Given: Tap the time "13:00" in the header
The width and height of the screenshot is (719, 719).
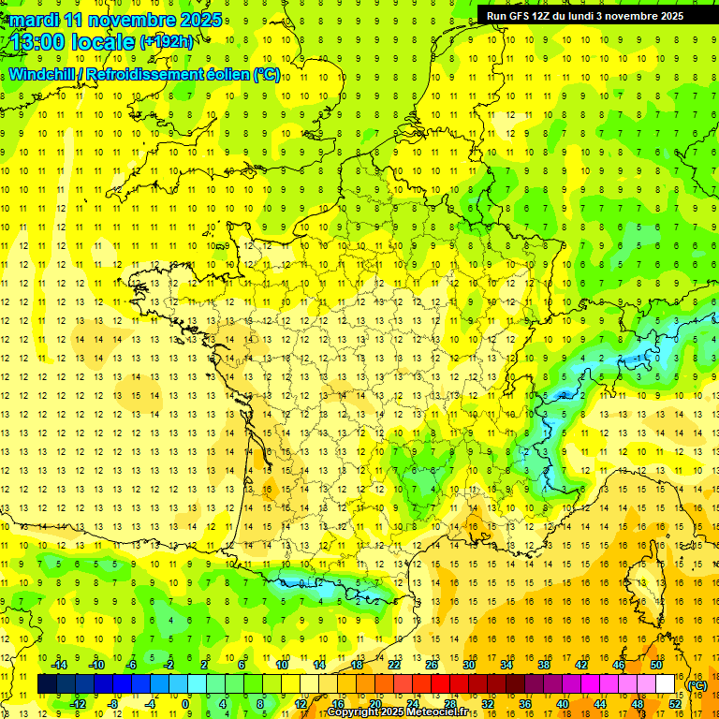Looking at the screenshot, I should point(37,41).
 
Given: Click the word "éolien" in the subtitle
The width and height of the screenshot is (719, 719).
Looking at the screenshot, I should point(225,74).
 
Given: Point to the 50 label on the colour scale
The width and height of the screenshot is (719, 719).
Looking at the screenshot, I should point(656,665).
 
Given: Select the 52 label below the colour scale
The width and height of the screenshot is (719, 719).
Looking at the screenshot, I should point(675,704).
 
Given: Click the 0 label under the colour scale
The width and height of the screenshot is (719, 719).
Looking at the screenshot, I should point(185,704).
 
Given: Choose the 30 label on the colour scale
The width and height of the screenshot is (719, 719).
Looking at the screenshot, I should point(469,665).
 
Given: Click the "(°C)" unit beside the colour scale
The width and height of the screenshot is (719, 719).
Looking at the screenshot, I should point(697,685).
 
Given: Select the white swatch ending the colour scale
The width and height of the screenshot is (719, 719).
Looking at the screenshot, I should point(666,684).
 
